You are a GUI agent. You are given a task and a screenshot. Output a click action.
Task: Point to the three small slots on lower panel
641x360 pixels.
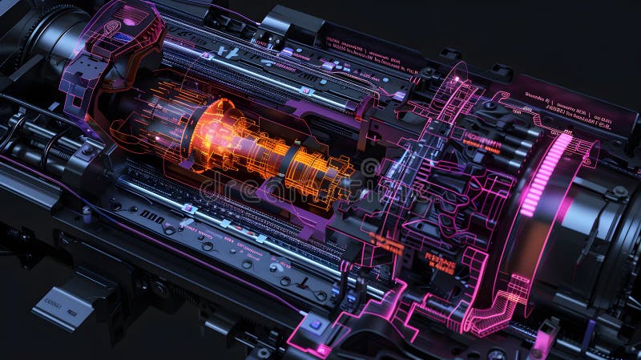[151, 216]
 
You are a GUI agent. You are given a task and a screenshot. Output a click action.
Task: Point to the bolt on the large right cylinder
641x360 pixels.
[619, 192]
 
